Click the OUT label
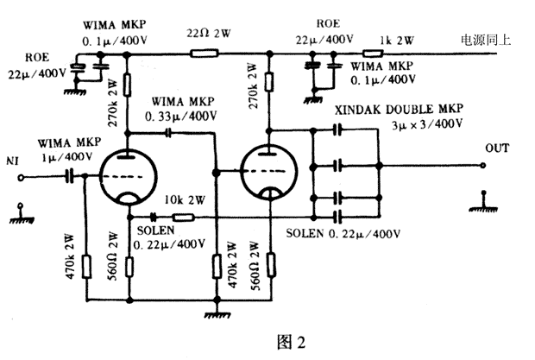click(496, 148)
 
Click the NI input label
click(13, 161)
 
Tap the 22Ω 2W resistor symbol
click(203, 53)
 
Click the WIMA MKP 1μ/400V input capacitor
click(68, 174)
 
